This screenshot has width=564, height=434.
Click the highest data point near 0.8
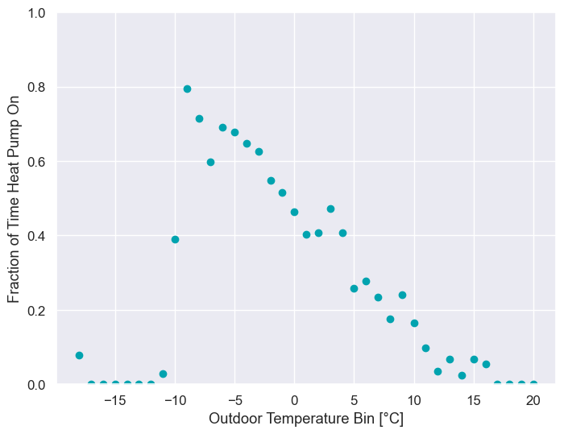(187, 89)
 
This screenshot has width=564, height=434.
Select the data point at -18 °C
(79, 355)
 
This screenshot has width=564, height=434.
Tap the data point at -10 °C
(175, 239)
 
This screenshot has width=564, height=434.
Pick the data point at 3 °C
(330, 209)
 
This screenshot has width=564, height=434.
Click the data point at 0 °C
(294, 212)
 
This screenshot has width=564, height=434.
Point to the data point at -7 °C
(210, 162)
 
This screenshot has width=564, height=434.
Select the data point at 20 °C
(533, 384)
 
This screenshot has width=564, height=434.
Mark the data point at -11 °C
(163, 374)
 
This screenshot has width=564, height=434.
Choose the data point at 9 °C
(402, 295)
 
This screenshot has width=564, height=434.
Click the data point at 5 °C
(354, 288)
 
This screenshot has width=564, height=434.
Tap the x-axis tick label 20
(533, 400)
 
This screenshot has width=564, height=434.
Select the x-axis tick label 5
(354, 400)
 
